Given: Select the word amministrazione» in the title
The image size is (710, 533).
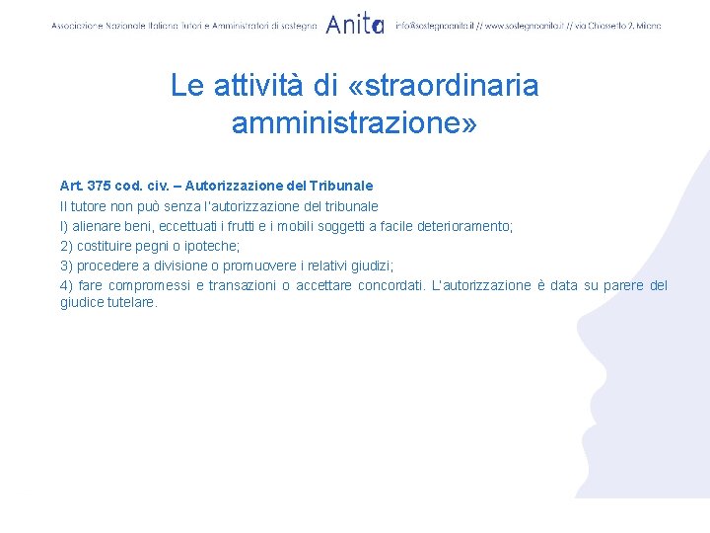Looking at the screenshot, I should pyautogui.click(x=354, y=123).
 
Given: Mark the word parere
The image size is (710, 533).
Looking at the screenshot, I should pyautogui.click(x=625, y=285).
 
